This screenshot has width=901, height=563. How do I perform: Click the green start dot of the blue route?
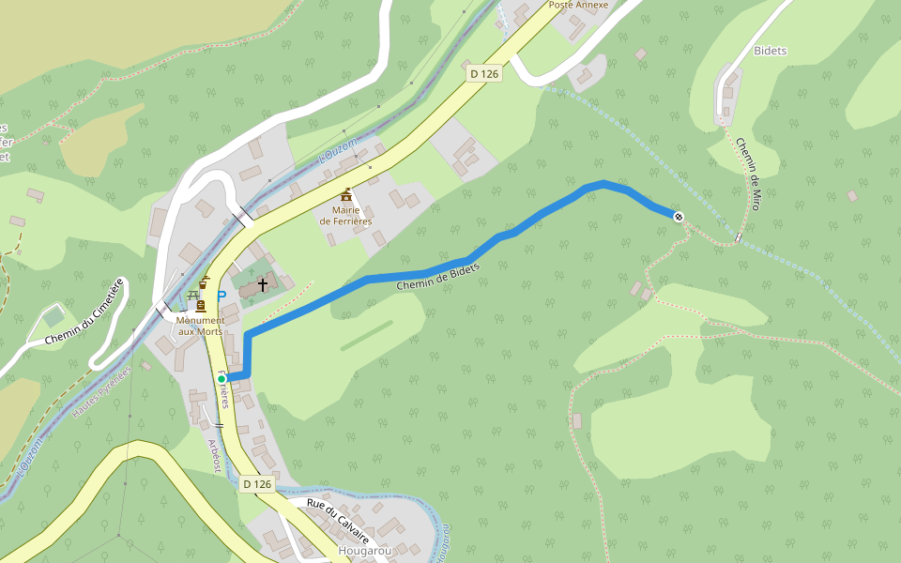pyautogui.click(x=221, y=378)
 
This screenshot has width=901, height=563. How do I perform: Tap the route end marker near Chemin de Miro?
pyautogui.click(x=678, y=217)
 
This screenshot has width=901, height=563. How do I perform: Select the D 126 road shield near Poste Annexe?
pyautogui.click(x=482, y=73)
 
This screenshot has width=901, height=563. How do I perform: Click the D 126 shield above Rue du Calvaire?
pyautogui.click(x=256, y=484)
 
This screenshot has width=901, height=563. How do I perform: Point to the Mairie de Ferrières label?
pyautogui.click(x=345, y=216)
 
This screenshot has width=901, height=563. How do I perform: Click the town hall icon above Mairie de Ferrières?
pyautogui.click(x=346, y=194)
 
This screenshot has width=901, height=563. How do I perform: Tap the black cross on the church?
pyautogui.click(x=263, y=283)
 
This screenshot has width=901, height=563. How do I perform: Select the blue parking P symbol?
pyautogui.click(x=221, y=296)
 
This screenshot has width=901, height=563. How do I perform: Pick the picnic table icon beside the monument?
pyautogui.click(x=194, y=295)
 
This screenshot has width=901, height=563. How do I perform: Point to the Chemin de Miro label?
pyautogui.click(x=747, y=174)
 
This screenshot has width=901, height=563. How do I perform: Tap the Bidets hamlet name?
pyautogui.click(x=770, y=51)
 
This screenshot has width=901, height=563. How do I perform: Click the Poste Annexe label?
pyautogui.click(x=578, y=5)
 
